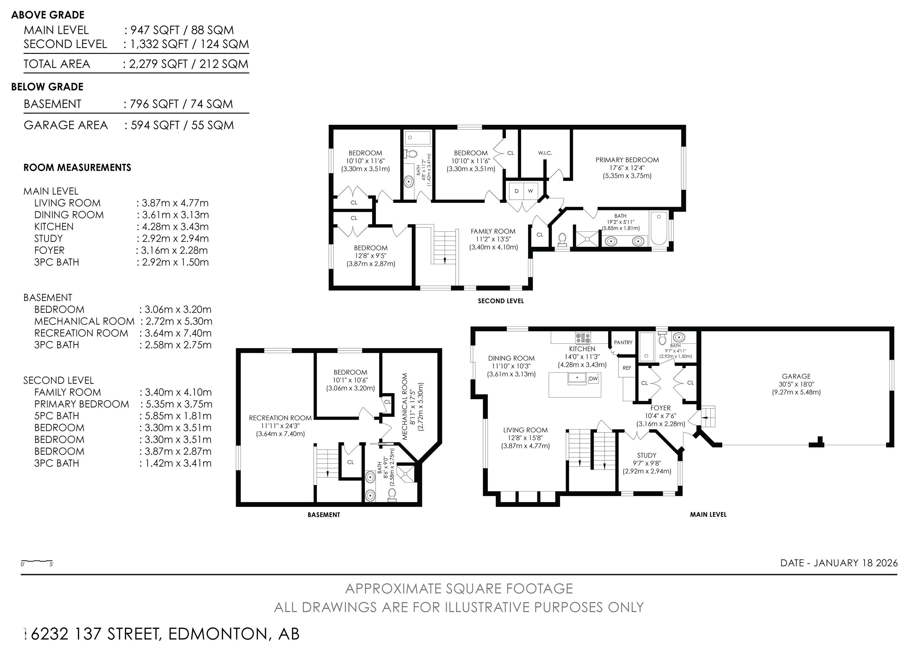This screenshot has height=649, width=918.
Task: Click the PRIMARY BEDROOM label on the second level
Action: coord(627,160)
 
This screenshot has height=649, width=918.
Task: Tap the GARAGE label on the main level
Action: coord(796,376)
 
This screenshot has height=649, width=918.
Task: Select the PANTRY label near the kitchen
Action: coord(623,342)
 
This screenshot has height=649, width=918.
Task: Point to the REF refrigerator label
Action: coord(627,368)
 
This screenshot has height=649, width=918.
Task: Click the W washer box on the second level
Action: coord(530,191)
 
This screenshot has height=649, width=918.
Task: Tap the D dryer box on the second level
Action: coord(517,191)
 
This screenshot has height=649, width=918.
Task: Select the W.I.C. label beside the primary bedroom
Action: coord(545,153)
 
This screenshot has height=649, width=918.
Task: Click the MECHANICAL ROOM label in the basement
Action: coord(405,406)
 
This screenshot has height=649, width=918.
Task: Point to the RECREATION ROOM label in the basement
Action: coord(280,418)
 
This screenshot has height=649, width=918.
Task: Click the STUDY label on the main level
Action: coord(647,455)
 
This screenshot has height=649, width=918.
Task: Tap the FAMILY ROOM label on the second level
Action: coord(493,231)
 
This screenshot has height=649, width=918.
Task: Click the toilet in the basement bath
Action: coord(392,494)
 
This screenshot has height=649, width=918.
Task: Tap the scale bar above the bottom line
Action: coord(37,561)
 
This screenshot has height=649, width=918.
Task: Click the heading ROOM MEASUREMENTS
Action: coord(77,167)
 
